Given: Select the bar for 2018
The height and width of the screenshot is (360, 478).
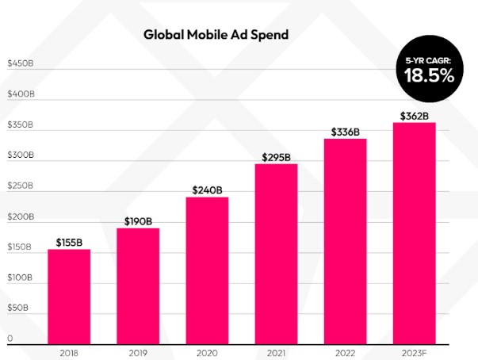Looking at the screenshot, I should [69, 295].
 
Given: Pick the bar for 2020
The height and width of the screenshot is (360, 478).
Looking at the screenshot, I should [207, 268].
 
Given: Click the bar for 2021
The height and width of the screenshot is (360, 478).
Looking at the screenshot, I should [276, 252].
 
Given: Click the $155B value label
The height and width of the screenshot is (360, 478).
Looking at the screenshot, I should [69, 242].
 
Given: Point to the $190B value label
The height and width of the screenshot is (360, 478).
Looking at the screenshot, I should [138, 220].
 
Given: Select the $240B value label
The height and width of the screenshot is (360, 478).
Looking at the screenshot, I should [207, 190].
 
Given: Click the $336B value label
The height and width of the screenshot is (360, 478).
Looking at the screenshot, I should [345, 131].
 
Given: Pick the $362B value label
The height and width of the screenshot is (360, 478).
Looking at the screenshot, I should [414, 115].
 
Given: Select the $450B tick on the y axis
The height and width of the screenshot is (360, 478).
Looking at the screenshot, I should [21, 63].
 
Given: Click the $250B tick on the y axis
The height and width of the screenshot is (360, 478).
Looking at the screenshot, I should [21, 186].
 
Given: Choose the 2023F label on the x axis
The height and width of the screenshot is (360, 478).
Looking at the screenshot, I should [414, 351].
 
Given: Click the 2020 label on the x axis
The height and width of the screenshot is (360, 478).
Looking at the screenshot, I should [207, 351].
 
